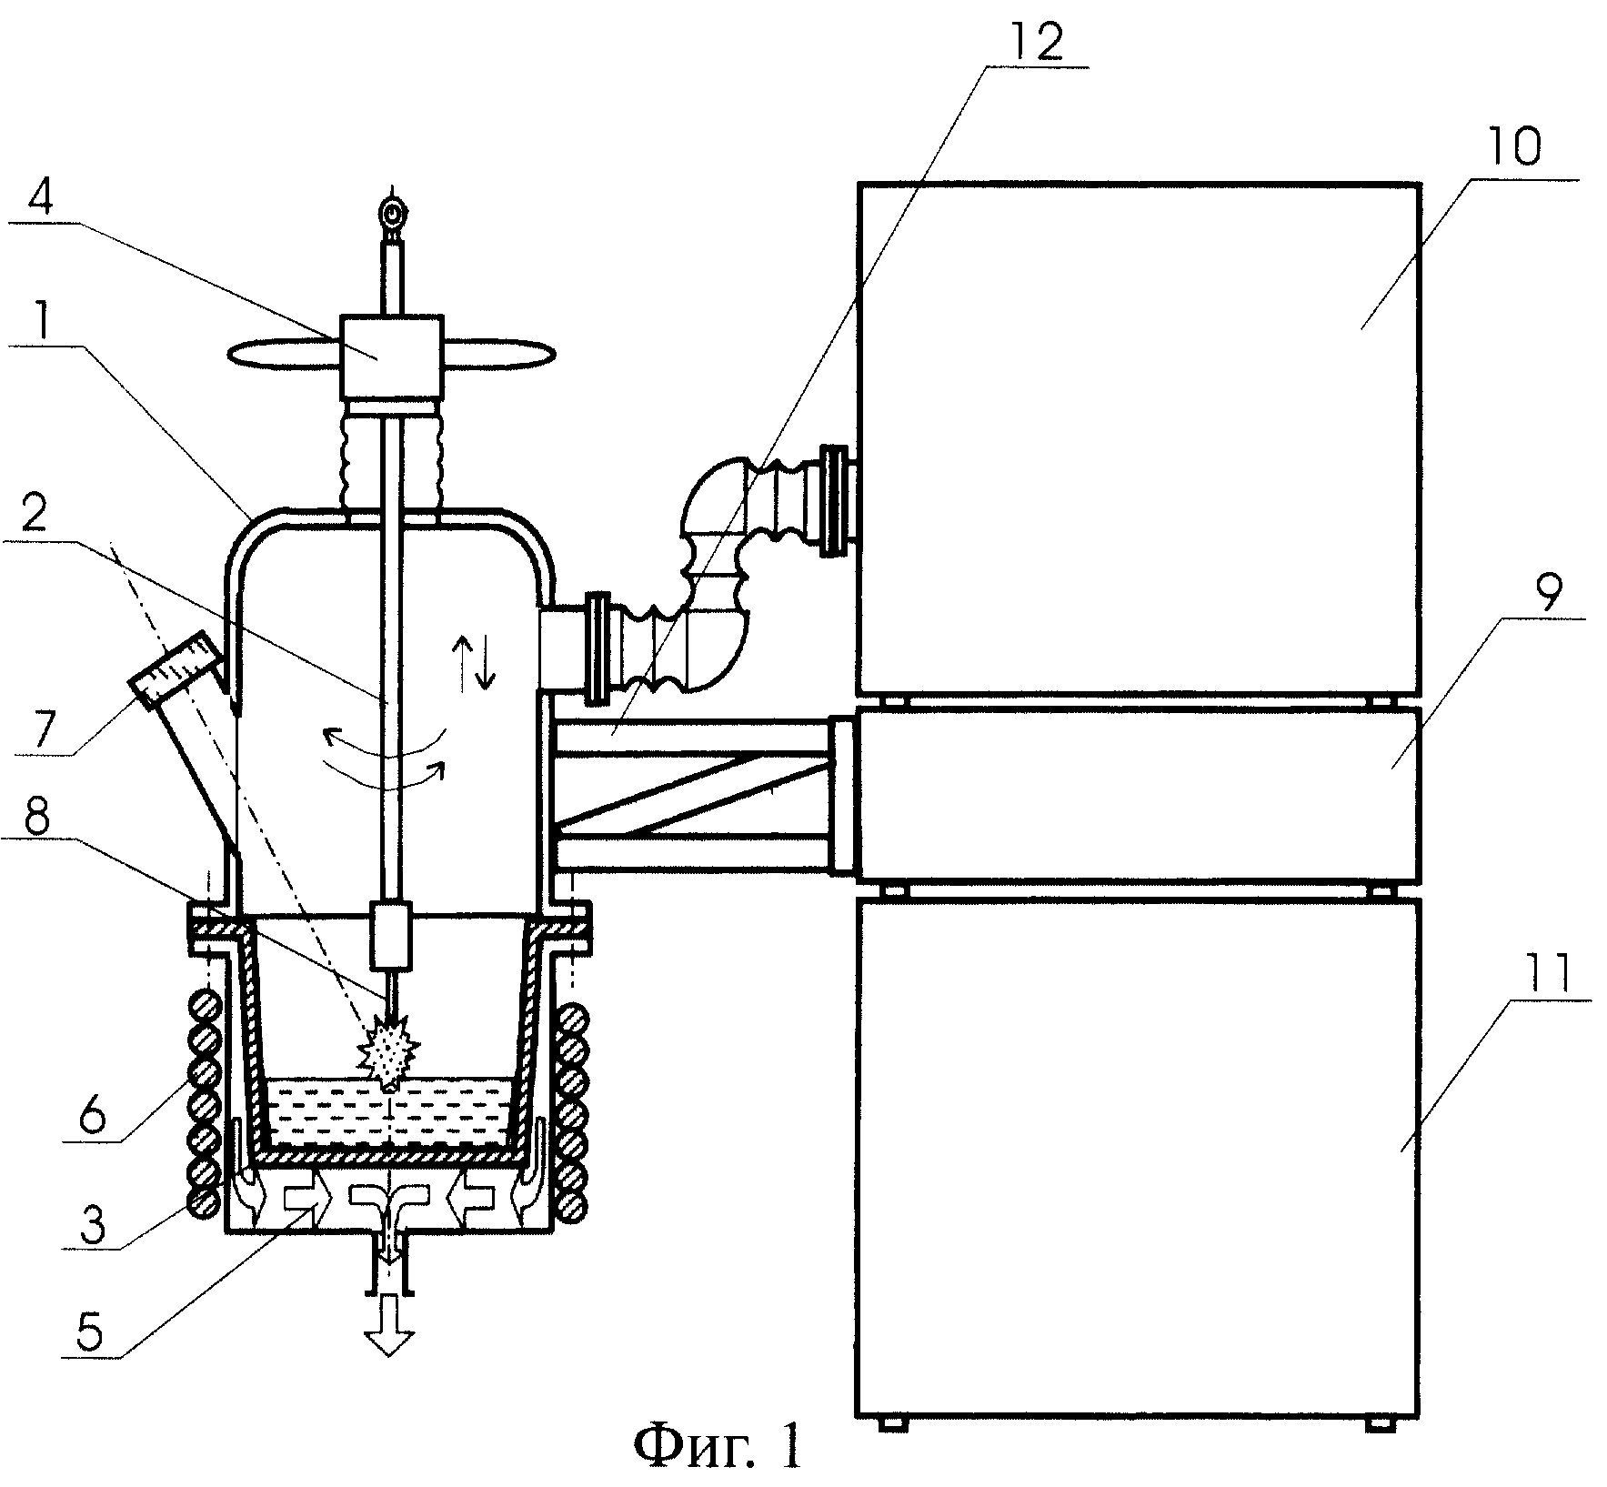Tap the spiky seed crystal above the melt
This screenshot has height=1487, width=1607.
(389, 1055)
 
